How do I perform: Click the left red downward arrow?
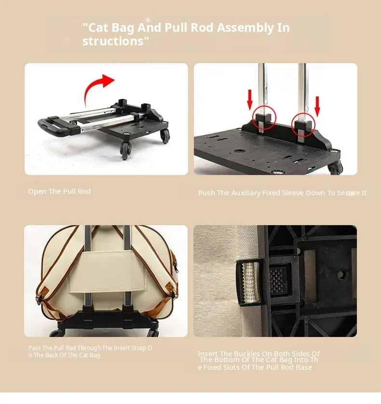pyautogui.click(x=249, y=100)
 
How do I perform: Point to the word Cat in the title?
pyautogui.click(x=98, y=27)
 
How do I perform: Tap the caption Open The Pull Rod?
pyautogui.click(x=59, y=191)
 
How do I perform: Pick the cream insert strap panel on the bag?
pyautogui.click(x=107, y=272)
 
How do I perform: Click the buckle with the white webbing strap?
pyautogui.click(x=249, y=283)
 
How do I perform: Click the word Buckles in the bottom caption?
pyautogui.click(x=247, y=354)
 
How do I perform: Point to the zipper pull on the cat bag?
pyautogui.click(x=177, y=267)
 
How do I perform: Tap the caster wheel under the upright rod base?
pyautogui.click(x=335, y=168)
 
